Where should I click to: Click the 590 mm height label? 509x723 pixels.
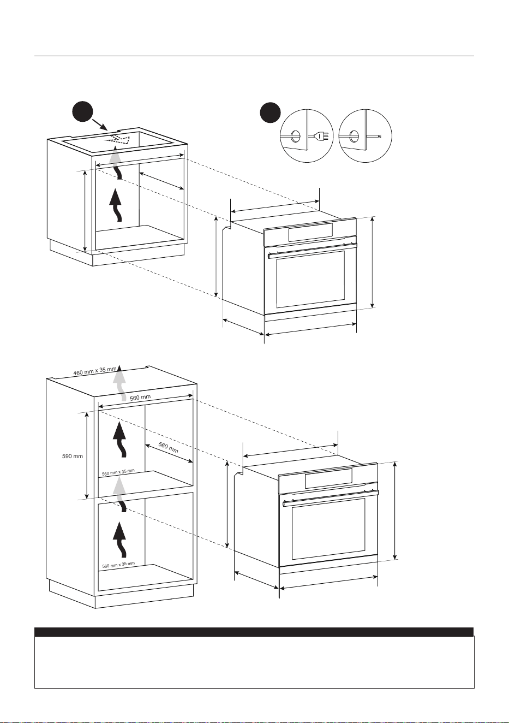(x=72, y=456)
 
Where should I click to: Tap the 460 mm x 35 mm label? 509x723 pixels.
(x=95, y=371)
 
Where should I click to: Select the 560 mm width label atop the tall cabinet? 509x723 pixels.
(x=140, y=398)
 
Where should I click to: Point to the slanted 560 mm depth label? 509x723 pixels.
(x=169, y=447)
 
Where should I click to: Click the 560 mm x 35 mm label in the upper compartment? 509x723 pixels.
(x=118, y=472)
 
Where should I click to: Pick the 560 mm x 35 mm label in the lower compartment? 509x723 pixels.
(x=118, y=565)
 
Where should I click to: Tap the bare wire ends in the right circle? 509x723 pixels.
(x=379, y=136)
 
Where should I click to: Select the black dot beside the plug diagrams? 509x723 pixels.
(x=270, y=113)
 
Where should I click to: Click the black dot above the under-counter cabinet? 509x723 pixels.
(x=82, y=111)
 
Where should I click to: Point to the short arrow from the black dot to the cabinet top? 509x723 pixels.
(x=100, y=125)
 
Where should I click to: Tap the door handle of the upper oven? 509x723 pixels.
(x=313, y=251)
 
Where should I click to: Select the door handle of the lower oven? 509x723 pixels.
(x=330, y=499)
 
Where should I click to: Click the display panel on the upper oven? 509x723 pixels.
(x=310, y=233)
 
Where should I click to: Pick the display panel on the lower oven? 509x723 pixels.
(x=328, y=479)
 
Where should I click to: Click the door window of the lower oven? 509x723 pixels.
(x=328, y=529)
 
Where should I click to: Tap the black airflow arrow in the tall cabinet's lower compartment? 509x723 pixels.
(x=120, y=540)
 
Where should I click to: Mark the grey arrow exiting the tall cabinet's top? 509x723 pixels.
(x=119, y=382)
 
